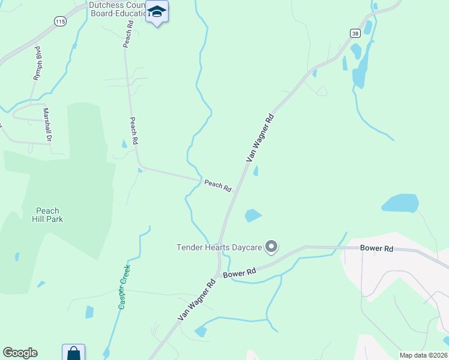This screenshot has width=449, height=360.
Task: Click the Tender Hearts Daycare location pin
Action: (271, 247)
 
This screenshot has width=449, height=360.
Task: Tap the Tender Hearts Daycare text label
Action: (219, 247)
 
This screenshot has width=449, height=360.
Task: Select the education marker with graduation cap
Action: (157, 12)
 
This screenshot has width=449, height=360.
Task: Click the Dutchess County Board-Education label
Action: (117, 9)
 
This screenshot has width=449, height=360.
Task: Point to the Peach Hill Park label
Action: (48, 215)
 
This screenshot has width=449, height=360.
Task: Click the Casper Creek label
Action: (124, 287)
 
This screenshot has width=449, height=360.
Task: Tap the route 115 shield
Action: (59, 21)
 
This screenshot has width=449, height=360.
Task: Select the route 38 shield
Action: (355, 34)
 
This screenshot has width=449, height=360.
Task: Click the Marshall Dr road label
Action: (46, 124)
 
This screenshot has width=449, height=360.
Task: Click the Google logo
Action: (20, 353)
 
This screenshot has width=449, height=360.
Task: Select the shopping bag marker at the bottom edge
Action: (73, 353)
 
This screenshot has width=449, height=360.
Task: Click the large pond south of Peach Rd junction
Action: (253, 215)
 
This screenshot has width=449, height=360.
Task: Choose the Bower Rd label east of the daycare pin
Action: (376, 248)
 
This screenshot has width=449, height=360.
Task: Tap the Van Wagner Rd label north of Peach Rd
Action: (260, 137)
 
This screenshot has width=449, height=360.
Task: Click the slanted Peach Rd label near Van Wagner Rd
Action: (218, 186)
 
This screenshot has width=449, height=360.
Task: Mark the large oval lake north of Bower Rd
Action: (400, 203)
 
